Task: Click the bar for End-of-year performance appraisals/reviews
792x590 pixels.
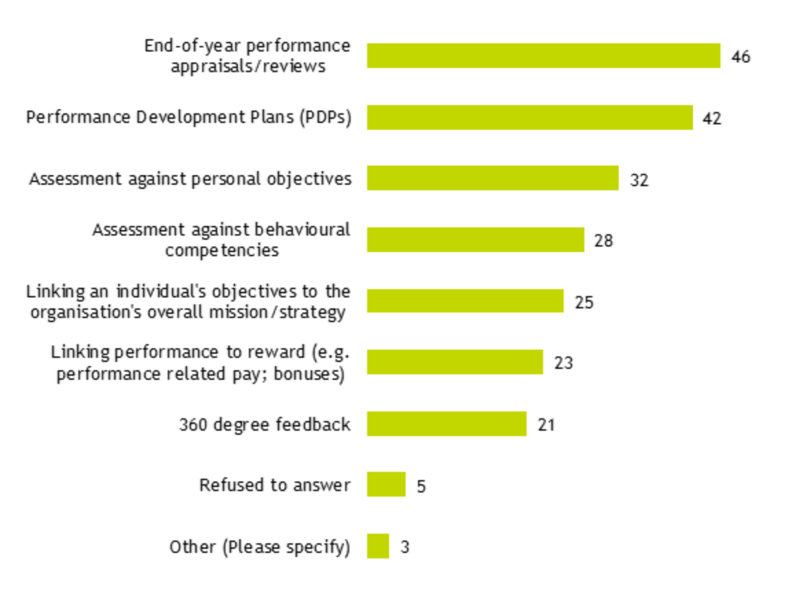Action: coord(543,56)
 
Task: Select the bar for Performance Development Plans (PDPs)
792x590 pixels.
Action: coord(529,117)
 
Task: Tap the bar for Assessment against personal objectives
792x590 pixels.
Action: coord(492,178)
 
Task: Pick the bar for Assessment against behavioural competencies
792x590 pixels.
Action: coord(475,240)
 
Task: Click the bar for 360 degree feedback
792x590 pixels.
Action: coord(446,424)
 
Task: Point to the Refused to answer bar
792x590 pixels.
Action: coord(386,484)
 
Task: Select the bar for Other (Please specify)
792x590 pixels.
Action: coord(377,546)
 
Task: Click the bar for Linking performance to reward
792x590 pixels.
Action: coord(454,362)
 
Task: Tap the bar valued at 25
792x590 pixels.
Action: coord(465,301)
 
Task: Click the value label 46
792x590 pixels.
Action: coord(740,57)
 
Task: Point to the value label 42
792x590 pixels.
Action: coord(712,119)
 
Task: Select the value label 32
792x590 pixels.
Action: coord(639,180)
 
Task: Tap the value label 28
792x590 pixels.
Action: coord(604,241)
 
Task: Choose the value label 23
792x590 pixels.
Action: coord(563,363)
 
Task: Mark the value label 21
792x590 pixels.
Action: coord(546,425)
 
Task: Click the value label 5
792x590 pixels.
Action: coord(421,486)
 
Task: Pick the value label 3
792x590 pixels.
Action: coord(405,548)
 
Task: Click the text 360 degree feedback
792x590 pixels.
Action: coord(265,424)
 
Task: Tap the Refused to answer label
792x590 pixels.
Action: coord(274,485)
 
